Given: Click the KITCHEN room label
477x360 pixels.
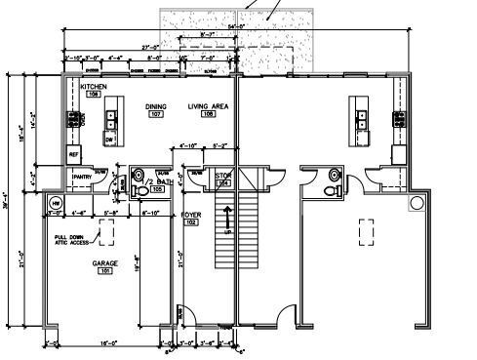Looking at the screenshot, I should pyautogui.click(x=94, y=87).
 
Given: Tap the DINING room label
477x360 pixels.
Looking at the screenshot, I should pyautogui.click(x=156, y=106).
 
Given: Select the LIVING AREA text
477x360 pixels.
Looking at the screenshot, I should pyautogui.click(x=208, y=106).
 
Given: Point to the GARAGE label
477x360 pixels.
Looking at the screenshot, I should pyautogui.click(x=105, y=263).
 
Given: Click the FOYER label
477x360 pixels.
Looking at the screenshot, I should pyautogui.click(x=191, y=214).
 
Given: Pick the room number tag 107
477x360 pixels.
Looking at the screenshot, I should pyautogui.click(x=156, y=115).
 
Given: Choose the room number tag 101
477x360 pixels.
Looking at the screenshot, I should pyautogui.click(x=105, y=272).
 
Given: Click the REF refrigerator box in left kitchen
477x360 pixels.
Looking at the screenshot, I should pyautogui.click(x=73, y=155).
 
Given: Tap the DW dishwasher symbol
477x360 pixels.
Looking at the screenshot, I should pyautogui.click(x=110, y=140).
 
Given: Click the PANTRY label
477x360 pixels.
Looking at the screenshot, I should pyautogui.click(x=82, y=177).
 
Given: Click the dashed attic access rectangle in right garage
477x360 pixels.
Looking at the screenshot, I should pyautogui.click(x=367, y=232).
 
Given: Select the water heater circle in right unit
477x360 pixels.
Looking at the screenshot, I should pyautogui.click(x=417, y=203).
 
